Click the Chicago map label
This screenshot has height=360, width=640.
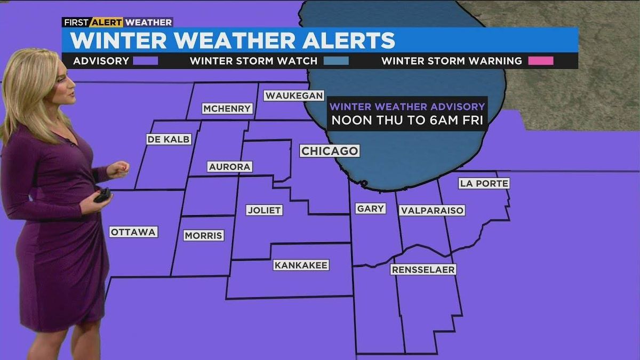point(330,151)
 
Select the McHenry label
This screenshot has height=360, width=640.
point(227,109)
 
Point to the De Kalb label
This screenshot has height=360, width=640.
point(169,139)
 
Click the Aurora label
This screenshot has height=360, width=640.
point(230,167)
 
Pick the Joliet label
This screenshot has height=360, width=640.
point(264,210)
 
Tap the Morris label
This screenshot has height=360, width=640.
point(203,235)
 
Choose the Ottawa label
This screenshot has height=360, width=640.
point(133,232)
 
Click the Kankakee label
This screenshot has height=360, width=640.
point(301,265)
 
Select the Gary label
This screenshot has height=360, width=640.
point(371,209)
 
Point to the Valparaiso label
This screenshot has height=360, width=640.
point(432,210)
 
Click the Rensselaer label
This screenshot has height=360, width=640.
point(423,269)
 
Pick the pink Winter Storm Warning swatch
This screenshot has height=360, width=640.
point(541,61)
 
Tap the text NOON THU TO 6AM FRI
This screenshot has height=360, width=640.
point(407,121)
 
